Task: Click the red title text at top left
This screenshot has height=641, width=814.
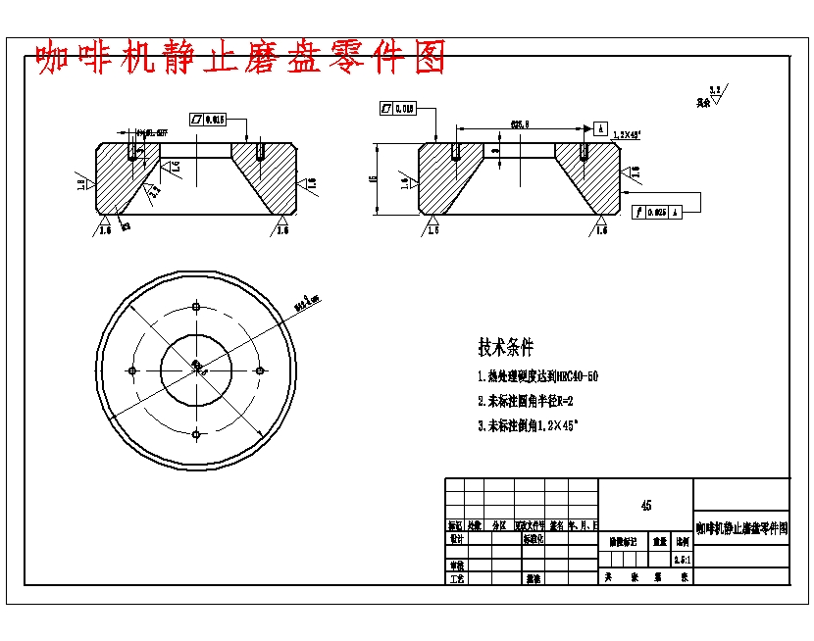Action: tap(240, 58)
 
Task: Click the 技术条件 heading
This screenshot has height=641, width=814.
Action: tap(506, 347)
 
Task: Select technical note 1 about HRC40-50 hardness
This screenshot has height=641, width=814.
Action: tap(536, 376)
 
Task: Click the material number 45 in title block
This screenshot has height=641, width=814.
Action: tap(645, 506)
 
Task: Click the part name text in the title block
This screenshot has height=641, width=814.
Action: tap(741, 528)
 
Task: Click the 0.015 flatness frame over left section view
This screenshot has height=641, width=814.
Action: tap(208, 119)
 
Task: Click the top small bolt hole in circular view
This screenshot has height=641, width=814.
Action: tap(196, 307)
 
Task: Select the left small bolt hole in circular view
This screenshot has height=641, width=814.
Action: tap(132, 370)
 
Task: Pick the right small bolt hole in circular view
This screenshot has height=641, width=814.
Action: tap(260, 370)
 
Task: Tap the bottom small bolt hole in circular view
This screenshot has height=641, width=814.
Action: tap(196, 434)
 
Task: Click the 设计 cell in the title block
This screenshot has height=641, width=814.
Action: tap(456, 538)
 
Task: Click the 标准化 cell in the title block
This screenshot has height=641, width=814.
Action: tap(534, 538)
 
